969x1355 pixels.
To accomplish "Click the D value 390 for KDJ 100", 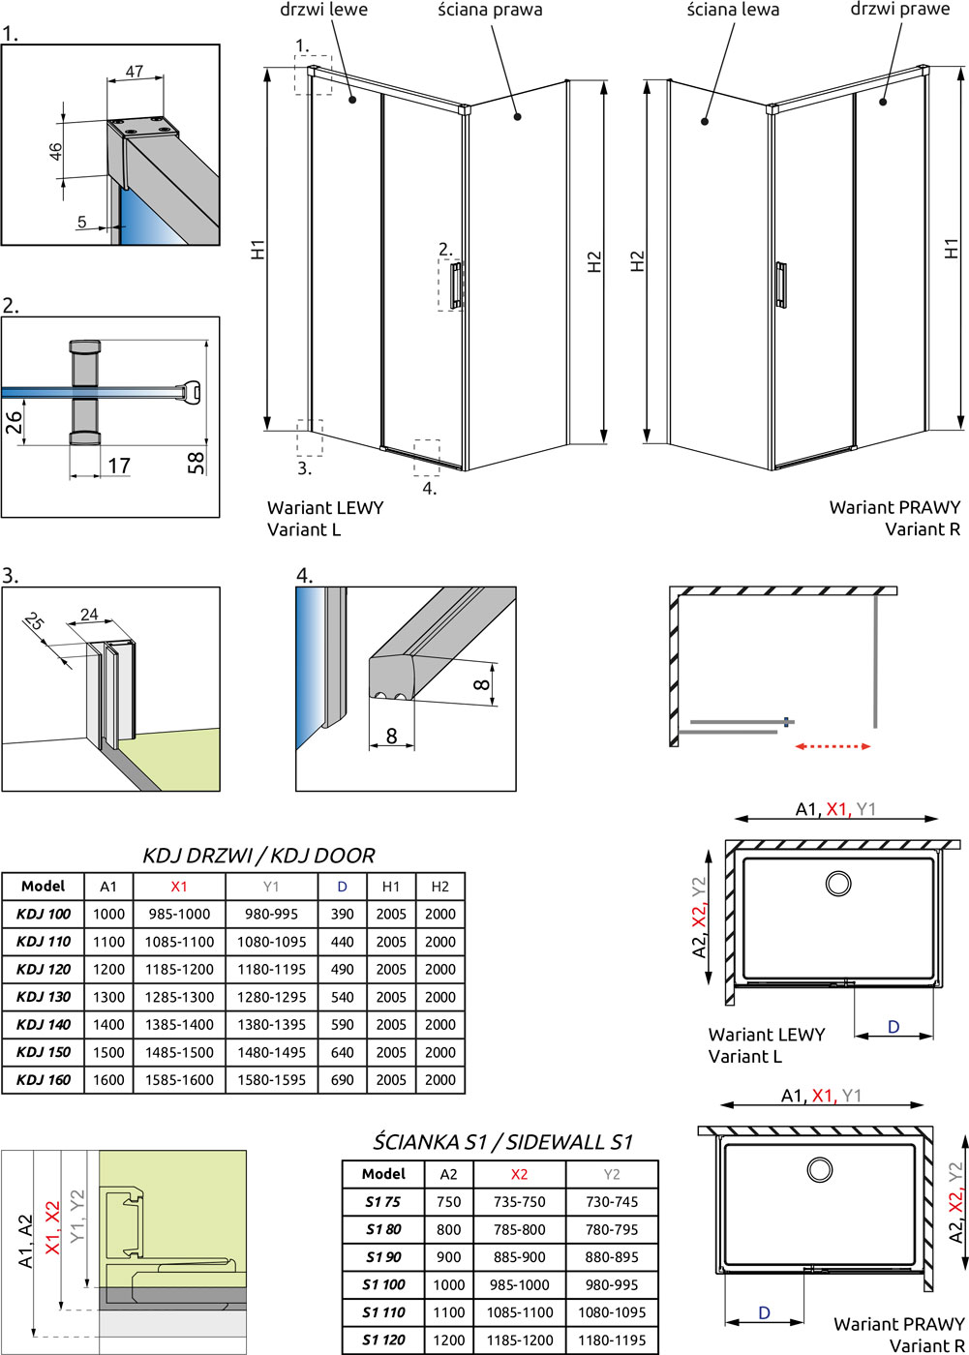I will click(343, 914).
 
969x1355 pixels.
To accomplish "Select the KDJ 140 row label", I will click(44, 1024).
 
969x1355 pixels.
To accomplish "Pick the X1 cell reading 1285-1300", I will click(179, 997).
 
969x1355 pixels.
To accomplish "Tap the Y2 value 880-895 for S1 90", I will click(612, 1257).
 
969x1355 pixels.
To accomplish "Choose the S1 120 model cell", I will click(383, 1340).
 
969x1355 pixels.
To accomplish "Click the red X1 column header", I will click(179, 886).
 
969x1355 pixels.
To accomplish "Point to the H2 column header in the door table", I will click(440, 886).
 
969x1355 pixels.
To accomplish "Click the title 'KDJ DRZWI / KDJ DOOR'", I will click(258, 856).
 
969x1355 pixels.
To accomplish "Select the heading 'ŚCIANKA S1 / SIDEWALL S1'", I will click(503, 1142).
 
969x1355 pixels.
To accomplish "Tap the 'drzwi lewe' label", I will click(323, 10).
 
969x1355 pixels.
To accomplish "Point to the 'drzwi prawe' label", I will click(900, 10).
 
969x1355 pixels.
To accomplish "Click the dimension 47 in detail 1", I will click(135, 71).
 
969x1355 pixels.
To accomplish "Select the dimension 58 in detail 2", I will click(197, 463).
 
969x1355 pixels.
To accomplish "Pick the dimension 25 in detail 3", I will click(35, 622).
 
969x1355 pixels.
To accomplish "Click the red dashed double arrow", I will click(833, 746).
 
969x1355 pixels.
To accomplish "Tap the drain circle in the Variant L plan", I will click(837, 883).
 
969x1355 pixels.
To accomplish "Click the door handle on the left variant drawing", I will click(456, 285).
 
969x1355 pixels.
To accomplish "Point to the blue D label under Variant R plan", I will click(765, 1313).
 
